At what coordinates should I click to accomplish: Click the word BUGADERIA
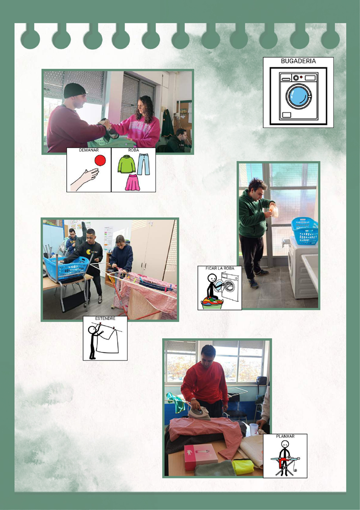coord(298,61)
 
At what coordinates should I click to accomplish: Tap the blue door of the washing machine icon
coord(298,96)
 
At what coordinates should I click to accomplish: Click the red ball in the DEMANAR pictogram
coord(100,160)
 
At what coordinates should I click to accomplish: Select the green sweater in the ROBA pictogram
coord(126,164)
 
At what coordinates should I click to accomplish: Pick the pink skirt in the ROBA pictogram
coord(133,183)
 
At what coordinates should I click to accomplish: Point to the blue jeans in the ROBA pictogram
coord(143,164)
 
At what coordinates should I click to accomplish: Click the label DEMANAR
coord(89,150)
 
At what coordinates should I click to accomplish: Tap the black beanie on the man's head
coord(74,90)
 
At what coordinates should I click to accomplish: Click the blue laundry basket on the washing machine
coord(305,231)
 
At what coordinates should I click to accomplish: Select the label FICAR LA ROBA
coord(220,268)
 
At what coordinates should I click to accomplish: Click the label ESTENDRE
coord(105,318)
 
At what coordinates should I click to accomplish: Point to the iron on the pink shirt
coord(199,413)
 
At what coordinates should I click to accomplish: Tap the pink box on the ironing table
coord(200,456)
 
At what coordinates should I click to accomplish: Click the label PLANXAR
coord(285,436)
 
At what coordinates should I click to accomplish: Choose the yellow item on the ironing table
coord(243,467)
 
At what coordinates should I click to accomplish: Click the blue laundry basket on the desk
coord(67,268)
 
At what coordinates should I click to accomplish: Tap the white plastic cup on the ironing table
coord(253,429)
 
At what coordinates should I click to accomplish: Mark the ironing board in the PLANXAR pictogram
coord(285,464)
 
